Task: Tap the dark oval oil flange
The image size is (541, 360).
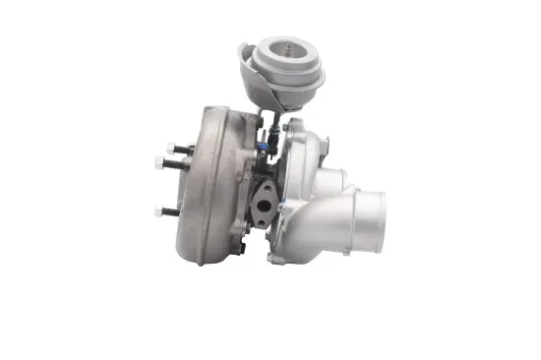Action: (x=263, y=204)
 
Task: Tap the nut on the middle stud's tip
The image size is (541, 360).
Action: (x=157, y=162)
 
